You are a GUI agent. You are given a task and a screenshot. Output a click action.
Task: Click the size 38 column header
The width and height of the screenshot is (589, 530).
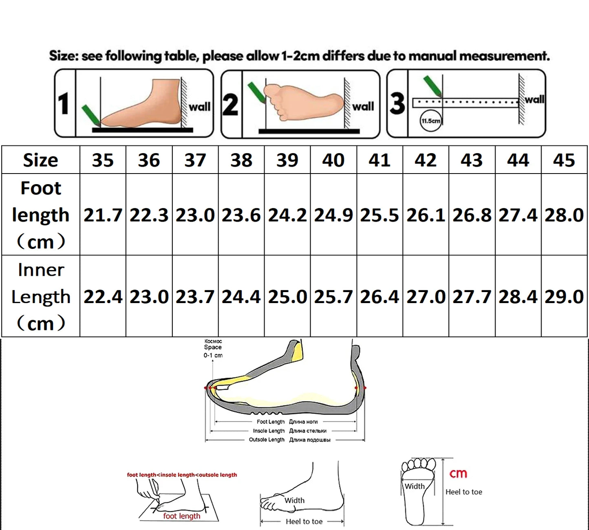tap(241, 160)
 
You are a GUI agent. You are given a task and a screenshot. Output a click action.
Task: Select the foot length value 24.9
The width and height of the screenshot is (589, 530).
tap(333, 215)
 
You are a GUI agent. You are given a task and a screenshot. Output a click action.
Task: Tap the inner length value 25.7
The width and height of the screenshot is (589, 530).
tap(333, 297)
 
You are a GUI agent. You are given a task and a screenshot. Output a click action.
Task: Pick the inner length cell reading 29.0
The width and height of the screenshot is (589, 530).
tap(564, 297)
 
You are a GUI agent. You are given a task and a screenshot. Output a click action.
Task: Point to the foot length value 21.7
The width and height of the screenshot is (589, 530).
tap(103, 215)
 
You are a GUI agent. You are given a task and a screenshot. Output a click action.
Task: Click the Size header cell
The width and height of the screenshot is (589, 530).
tap(40, 160)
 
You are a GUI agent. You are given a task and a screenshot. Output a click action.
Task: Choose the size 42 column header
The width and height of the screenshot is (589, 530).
tap(426, 160)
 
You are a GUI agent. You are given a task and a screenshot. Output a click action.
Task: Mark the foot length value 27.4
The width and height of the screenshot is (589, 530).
tap(518, 215)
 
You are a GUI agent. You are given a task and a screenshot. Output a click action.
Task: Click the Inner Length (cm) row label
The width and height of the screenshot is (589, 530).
tap(40, 297)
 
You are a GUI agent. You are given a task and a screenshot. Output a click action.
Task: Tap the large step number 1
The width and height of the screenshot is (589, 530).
tap(64, 104)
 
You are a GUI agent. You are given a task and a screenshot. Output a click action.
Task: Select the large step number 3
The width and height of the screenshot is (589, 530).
tap(397, 103)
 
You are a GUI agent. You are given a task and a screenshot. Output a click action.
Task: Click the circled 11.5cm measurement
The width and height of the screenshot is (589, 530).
tap(430, 121)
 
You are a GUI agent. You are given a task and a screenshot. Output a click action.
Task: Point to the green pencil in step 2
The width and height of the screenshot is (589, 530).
tap(256, 92)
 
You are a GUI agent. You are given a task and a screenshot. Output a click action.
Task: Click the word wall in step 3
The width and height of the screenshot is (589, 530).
tap(534, 99)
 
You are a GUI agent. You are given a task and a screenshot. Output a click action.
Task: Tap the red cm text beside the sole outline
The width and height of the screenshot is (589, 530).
tap(458, 474)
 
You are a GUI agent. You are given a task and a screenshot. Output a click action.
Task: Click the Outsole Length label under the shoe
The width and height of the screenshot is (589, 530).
tap(267, 440)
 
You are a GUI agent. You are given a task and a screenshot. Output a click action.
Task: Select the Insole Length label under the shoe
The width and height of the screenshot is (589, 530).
tap(269, 431)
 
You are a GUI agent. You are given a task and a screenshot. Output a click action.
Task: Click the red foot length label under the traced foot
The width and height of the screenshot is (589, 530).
tap(182, 516)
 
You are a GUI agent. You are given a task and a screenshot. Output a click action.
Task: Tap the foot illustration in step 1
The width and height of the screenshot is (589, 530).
tap(143, 104)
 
